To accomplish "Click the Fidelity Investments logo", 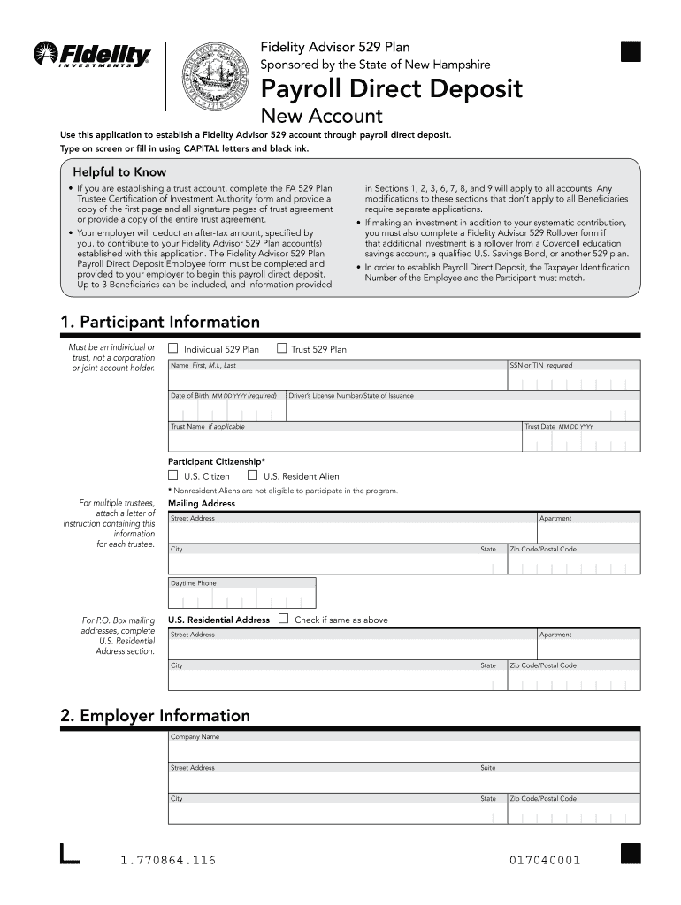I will point(92,56).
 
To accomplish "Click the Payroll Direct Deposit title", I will point(390,89).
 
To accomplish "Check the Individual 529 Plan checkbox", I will point(173,348).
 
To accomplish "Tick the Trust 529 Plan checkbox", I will point(282,348).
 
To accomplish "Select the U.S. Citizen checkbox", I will point(173,475).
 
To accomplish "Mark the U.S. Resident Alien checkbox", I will point(253,475).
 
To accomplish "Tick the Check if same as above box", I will point(283,619).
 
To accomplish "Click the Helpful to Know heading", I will point(119,172).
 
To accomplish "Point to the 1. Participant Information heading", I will point(160,322).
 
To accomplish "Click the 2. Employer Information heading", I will point(155,715).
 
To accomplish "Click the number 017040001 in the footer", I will point(545,860).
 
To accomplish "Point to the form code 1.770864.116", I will point(167,860).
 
